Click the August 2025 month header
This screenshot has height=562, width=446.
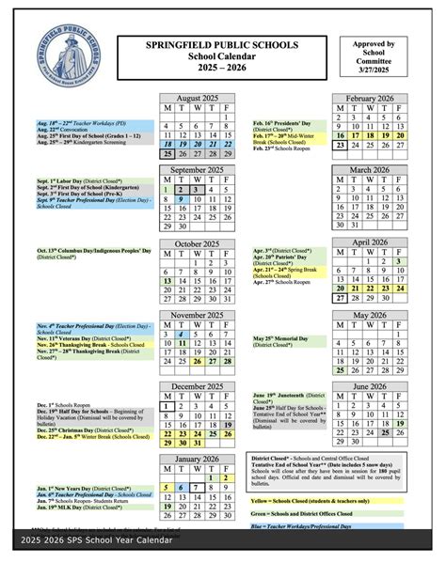point(198,98)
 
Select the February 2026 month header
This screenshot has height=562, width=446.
point(369,98)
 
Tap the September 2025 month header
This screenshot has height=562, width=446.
point(198,169)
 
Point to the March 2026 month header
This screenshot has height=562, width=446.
point(369,169)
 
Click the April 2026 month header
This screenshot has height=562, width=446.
point(369,242)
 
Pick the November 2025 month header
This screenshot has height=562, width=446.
point(198,315)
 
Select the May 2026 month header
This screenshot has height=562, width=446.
point(369,315)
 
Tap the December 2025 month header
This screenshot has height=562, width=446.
point(198,386)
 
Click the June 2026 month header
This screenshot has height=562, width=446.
point(369,386)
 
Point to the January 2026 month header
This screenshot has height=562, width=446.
point(198,457)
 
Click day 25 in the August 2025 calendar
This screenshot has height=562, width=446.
point(167,153)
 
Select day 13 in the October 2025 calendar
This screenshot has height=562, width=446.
point(167,280)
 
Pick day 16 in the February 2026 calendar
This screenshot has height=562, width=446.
point(339,134)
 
